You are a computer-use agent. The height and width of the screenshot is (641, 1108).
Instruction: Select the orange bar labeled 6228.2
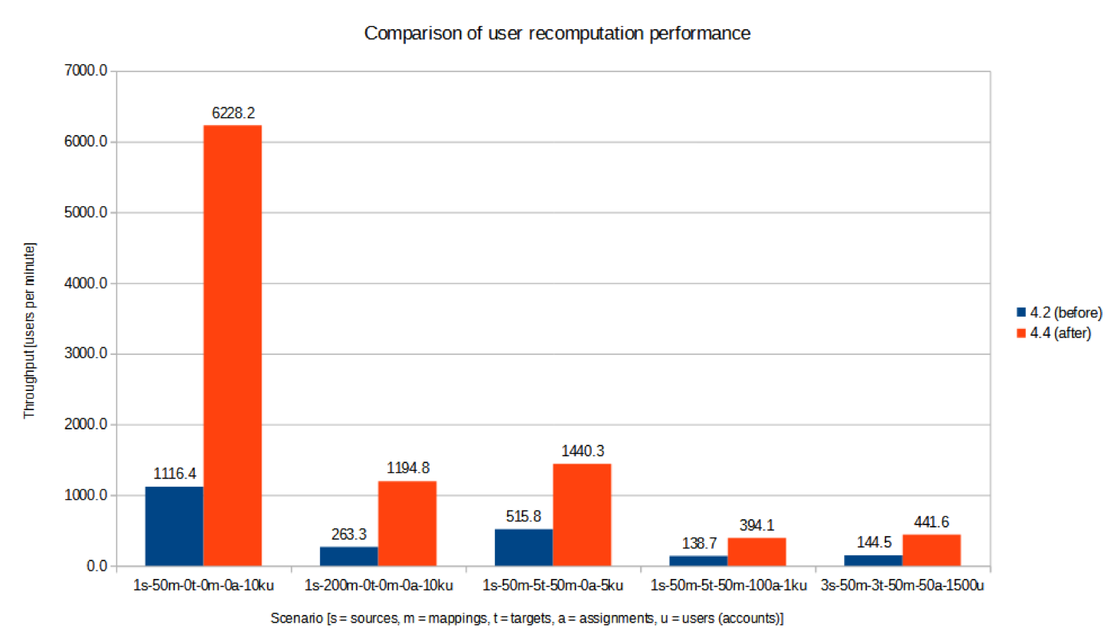pos(232,345)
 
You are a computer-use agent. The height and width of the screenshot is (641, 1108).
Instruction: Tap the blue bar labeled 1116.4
pos(174,526)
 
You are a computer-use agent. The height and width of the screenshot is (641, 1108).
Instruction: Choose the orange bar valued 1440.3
pos(582,514)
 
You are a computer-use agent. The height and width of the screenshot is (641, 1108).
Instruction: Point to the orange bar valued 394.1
pos(757,552)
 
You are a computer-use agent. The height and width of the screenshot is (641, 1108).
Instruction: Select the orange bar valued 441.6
pos(932,551)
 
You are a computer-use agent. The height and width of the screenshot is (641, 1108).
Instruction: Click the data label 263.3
pos(349,533)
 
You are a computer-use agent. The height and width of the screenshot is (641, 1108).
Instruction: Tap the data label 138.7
pos(698,541)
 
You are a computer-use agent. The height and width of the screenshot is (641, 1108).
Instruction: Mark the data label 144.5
pos(873,541)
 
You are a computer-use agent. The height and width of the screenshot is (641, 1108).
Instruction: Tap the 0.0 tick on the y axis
pos(94,567)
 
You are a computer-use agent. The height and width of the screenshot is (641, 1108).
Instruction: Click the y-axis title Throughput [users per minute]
pos(30,330)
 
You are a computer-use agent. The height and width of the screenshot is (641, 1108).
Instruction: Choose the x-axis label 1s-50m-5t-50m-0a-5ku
pos(553,586)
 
